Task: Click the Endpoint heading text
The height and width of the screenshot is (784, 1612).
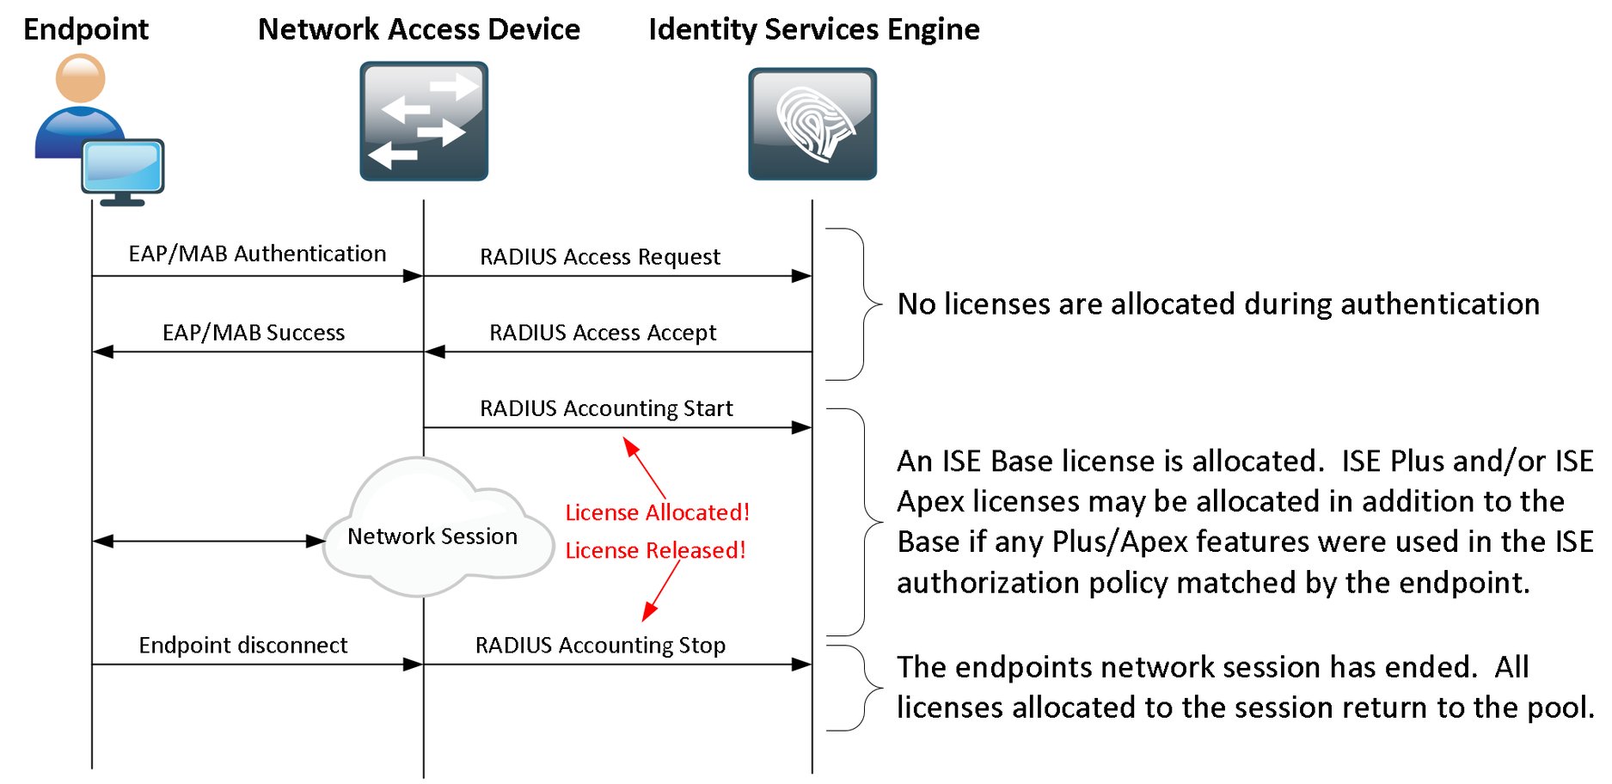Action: [x=86, y=29]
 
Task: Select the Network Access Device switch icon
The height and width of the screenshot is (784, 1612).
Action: [x=424, y=121]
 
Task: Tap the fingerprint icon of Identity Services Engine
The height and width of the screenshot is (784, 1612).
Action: [x=812, y=124]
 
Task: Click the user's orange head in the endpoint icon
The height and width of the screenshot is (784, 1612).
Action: [x=80, y=79]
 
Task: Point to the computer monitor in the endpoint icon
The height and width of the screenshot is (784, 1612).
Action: [x=123, y=167]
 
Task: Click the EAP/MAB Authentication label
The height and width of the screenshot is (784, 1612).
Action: [x=257, y=254]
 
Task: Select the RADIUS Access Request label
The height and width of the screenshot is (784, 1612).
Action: [x=599, y=257]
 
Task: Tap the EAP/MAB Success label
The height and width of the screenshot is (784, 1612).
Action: [x=254, y=333]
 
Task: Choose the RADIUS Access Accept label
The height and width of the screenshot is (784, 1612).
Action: [x=602, y=333]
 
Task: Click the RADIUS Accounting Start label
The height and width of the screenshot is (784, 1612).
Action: [x=606, y=408]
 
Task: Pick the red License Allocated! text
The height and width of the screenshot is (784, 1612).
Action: [x=657, y=512]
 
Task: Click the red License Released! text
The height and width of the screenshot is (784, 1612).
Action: [x=655, y=550]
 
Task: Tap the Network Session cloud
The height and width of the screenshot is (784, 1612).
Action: [x=432, y=536]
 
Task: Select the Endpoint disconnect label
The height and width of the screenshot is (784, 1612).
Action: [x=243, y=646]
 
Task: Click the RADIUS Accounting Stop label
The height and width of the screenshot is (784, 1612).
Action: [x=600, y=646]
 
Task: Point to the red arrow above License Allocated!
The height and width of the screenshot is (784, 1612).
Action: [x=644, y=467]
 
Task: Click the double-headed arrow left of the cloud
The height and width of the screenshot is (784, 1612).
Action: [x=209, y=542]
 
